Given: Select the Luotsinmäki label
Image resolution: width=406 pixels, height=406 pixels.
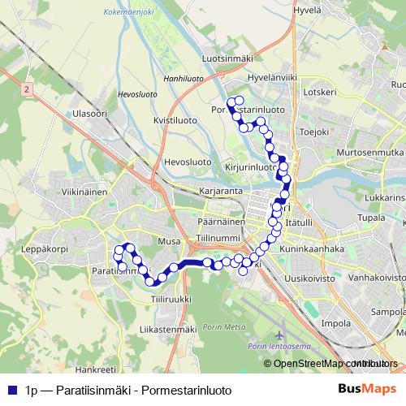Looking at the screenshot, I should point(227,58).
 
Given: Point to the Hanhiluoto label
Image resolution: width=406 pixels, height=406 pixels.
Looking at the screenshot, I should point(184,80).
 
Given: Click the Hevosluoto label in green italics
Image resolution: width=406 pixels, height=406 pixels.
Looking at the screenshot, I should point(136,95).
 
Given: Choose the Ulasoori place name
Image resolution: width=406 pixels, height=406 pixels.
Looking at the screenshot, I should point(89,114).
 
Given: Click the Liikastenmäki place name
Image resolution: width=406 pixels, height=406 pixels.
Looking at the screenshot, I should point(168,330).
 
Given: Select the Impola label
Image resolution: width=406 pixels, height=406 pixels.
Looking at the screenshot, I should point(335,322).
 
